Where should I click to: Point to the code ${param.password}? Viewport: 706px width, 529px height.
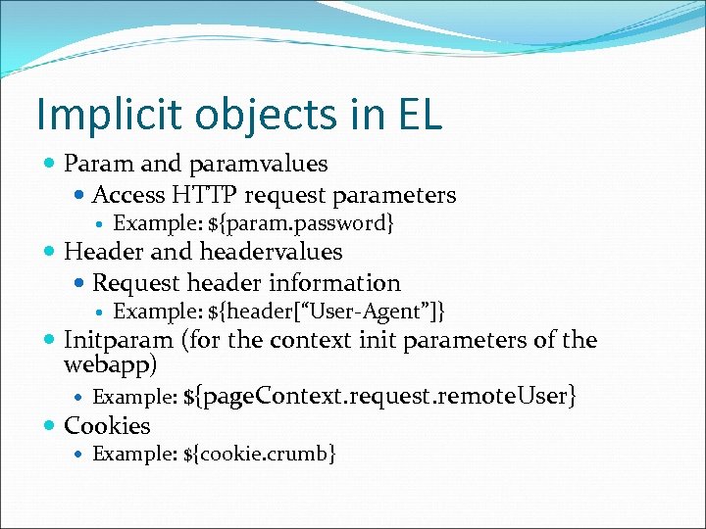point(302,224)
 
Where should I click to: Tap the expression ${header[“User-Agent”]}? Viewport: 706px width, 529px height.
point(328,313)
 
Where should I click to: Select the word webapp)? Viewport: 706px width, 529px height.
point(110,364)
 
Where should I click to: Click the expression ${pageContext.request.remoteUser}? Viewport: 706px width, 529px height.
point(379,396)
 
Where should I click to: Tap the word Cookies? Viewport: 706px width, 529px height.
point(107,426)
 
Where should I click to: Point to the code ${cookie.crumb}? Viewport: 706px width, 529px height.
point(260,454)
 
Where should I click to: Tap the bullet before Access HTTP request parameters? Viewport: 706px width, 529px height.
point(79,195)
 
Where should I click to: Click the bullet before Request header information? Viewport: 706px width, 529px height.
point(79,283)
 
